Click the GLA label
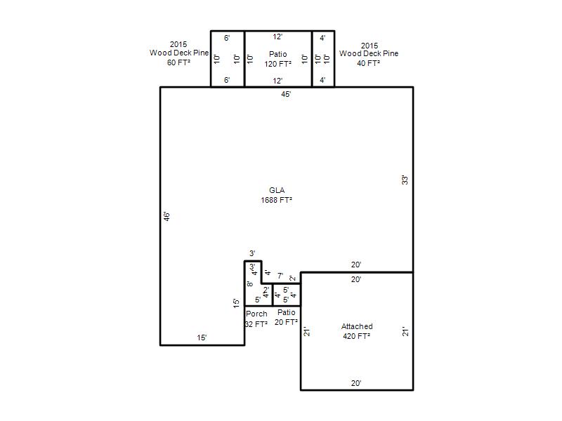[x=277, y=190]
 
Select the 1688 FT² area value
[x=276, y=200]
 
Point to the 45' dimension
[x=286, y=94]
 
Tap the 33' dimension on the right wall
[x=405, y=180]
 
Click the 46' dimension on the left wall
[x=166, y=216]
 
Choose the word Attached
[x=357, y=326]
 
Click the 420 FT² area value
[x=357, y=336]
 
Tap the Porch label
[x=256, y=314]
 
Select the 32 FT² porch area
[x=256, y=324]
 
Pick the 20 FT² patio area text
[x=286, y=322]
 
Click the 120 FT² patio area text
[x=277, y=64]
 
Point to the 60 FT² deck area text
[x=178, y=62]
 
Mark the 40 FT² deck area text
[x=368, y=63]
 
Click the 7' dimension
[x=280, y=276]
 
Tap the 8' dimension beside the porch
[x=250, y=284]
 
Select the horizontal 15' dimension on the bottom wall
[x=202, y=338]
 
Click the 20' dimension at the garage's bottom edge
[x=356, y=383]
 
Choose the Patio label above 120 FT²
[x=277, y=54]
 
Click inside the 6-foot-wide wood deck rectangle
[x=227, y=59]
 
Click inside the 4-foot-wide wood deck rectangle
[x=323, y=59]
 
